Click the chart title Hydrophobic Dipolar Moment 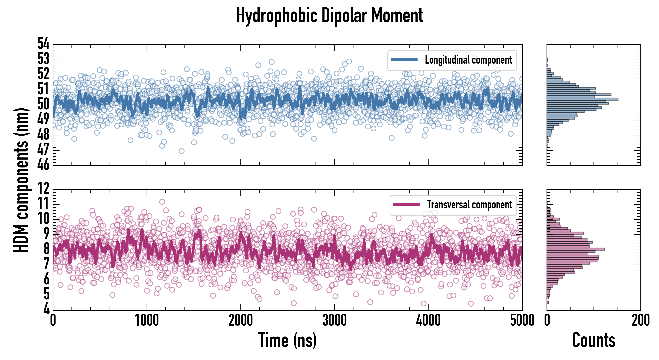(x=329, y=15)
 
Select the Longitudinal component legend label (x=468, y=60)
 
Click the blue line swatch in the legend (x=404, y=60)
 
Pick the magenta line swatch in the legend (x=406, y=204)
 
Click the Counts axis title (x=593, y=340)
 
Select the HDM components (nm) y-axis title (x=21, y=179)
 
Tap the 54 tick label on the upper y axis (x=44, y=44)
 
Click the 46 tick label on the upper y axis (x=44, y=164)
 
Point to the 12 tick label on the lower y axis (x=44, y=189)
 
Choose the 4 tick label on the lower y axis (x=46, y=309)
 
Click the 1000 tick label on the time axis (x=147, y=320)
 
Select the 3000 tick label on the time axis (x=334, y=320)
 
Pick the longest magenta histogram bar (x=576, y=249)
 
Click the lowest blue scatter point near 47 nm (x=181, y=151)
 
